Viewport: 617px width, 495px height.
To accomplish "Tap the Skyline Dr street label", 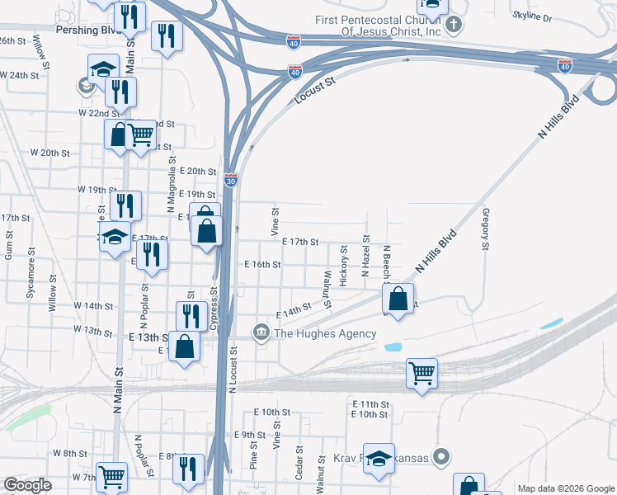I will [x=532, y=16].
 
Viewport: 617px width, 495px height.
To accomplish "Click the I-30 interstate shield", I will [x=231, y=179].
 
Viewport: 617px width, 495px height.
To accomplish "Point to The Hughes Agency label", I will [x=325, y=333].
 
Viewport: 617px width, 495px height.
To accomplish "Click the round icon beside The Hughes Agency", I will [x=261, y=333].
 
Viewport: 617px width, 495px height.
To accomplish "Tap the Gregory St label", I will [x=485, y=229].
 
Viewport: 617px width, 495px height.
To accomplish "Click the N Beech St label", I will [x=386, y=262].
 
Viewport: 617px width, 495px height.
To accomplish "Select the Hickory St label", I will [x=343, y=266].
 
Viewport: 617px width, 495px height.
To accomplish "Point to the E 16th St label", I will [x=262, y=265].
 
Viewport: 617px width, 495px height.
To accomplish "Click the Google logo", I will [x=27, y=485].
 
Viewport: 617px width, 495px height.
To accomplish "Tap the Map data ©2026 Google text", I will [x=565, y=488].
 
